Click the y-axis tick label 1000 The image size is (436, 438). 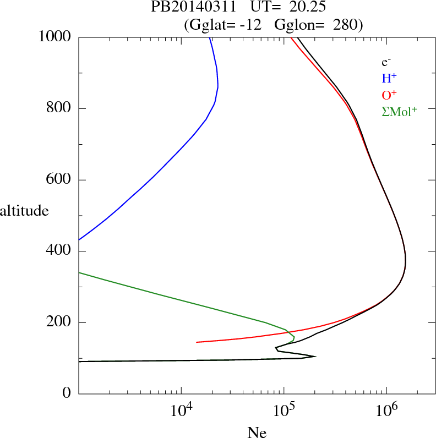[x=55, y=37]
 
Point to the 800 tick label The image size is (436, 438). [x=59, y=108]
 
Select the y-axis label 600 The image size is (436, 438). [x=59, y=180]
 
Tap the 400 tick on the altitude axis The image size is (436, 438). [x=59, y=251]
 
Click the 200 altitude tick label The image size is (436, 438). [x=59, y=322]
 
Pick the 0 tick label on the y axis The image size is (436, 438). [x=67, y=394]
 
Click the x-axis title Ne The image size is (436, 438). [x=257, y=432]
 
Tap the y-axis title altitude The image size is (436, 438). [x=24, y=211]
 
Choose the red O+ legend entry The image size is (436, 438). [x=389, y=95]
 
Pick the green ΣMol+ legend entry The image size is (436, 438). [x=399, y=111]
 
